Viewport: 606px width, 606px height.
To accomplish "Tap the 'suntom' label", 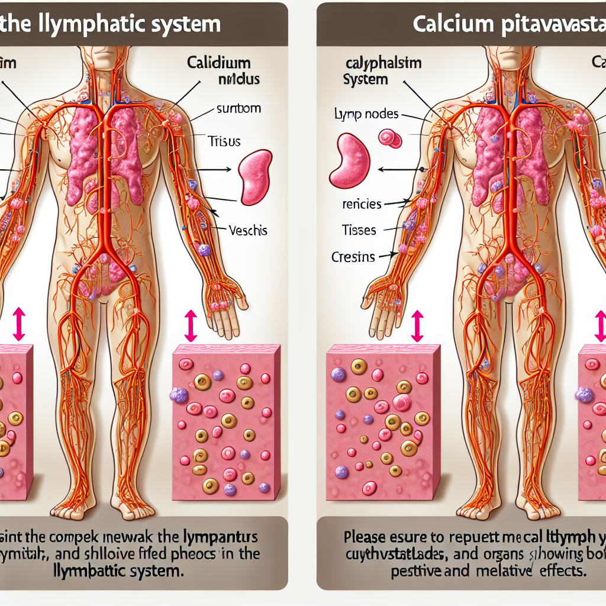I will pyautogui.click(x=238, y=109).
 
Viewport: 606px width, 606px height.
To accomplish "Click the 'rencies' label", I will pyautogui.click(x=362, y=204).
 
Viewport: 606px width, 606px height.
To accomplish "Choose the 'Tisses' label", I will pyautogui.click(x=359, y=230).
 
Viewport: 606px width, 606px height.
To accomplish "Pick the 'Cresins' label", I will pyautogui.click(x=353, y=257).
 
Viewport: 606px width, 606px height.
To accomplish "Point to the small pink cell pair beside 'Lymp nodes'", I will pyautogui.click(x=390, y=138).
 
